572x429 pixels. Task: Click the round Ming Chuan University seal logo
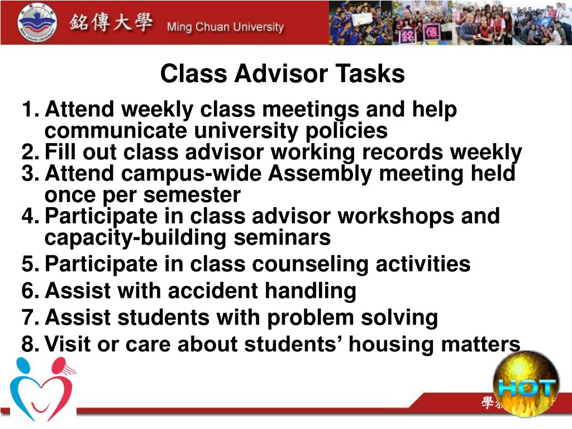click(x=37, y=22)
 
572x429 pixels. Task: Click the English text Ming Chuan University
click(x=225, y=27)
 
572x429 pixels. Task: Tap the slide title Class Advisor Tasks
click(x=283, y=74)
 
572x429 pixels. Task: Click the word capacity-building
click(x=135, y=238)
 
